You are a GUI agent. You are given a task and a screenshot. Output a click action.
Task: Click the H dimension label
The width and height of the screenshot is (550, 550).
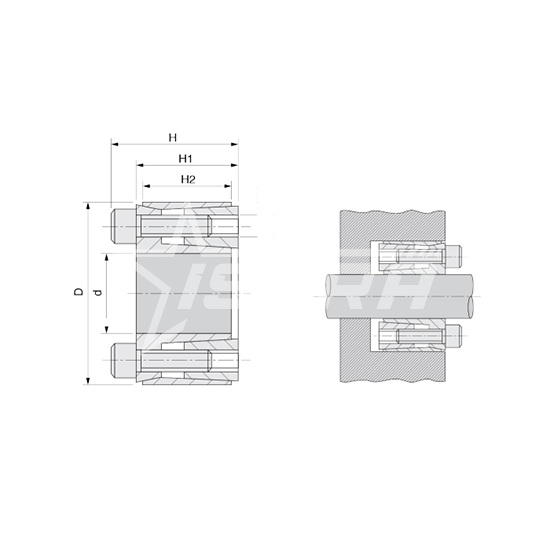173,138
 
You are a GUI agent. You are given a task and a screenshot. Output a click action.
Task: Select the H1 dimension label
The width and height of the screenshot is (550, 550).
185,159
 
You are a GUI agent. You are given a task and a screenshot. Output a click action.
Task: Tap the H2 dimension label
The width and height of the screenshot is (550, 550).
188,180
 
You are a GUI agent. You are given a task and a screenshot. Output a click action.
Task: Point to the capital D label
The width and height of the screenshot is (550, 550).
79,291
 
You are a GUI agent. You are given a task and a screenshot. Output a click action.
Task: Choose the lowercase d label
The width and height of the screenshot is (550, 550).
99,292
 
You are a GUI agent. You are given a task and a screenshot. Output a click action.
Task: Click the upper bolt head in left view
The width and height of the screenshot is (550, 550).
123,227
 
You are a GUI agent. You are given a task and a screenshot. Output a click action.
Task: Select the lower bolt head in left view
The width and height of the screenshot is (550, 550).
123,360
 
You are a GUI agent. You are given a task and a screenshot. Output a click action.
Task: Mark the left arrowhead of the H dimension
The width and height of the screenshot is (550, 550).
115,144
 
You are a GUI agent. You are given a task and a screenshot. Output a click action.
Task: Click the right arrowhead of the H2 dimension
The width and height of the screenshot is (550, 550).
227,186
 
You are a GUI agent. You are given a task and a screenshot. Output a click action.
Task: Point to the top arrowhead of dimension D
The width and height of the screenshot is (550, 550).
88,207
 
